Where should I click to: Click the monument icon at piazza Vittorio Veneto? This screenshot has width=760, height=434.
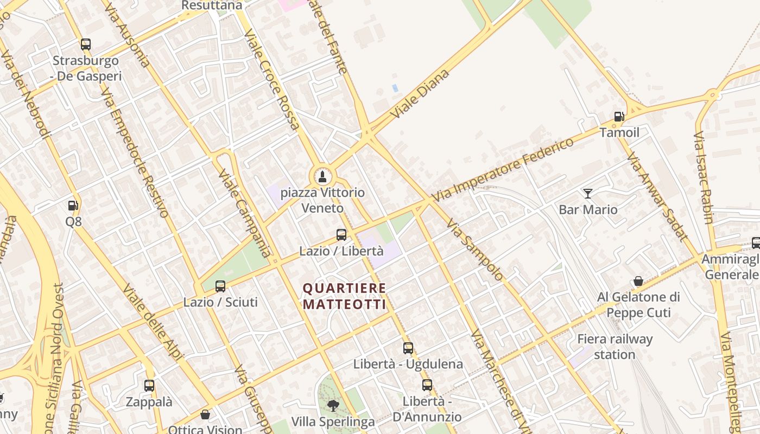(x=322, y=176)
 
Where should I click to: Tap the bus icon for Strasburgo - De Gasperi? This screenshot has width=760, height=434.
(x=86, y=44)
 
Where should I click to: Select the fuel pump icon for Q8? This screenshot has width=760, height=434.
(x=73, y=206)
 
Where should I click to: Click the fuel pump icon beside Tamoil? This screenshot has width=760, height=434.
(x=619, y=117)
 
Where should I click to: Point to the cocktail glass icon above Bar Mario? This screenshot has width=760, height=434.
(x=588, y=194)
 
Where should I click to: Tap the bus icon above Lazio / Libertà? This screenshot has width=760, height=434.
(x=341, y=235)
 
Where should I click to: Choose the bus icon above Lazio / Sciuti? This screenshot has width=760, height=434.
(x=220, y=286)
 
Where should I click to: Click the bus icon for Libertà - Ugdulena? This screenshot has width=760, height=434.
(x=408, y=348)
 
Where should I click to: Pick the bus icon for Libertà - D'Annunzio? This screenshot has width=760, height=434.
(x=427, y=385)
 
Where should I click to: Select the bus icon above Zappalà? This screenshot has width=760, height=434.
(x=149, y=386)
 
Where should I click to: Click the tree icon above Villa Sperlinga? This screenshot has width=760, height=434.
(x=333, y=405)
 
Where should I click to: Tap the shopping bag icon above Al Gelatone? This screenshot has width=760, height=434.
(x=638, y=281)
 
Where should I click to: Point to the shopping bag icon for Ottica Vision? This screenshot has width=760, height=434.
(x=205, y=414)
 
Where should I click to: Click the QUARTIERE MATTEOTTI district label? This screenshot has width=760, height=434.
(x=345, y=296)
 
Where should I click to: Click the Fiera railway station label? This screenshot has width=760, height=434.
(x=615, y=347)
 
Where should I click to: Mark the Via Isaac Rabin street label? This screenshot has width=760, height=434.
(x=703, y=177)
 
